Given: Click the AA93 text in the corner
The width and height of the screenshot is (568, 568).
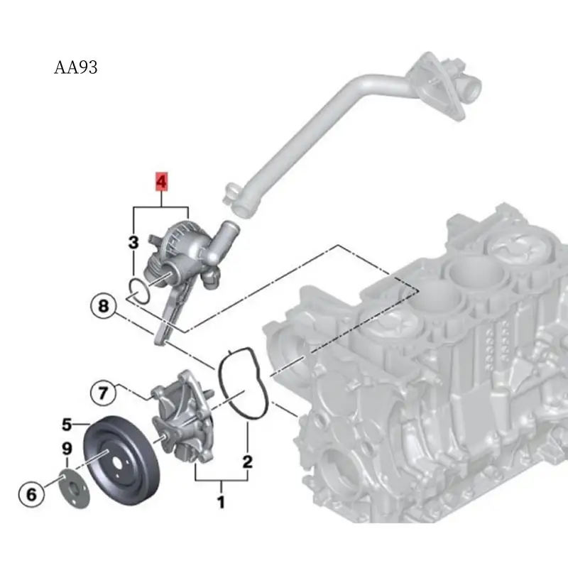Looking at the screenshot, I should pyautogui.click(x=75, y=68).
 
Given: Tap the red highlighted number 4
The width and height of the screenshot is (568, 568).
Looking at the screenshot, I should pyautogui.click(x=162, y=182).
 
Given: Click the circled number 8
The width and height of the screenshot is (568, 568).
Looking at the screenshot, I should pyautogui.click(x=103, y=307).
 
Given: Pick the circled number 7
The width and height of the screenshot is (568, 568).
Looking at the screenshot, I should pyautogui.click(x=102, y=391).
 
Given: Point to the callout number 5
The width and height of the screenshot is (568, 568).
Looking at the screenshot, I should pyautogui.click(x=66, y=425).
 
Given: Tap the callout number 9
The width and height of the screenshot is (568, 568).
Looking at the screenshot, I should pyautogui.click(x=67, y=449).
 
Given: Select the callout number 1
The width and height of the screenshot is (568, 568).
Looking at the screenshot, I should pyautogui.click(x=221, y=503).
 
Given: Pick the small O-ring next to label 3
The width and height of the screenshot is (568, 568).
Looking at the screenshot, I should pyautogui.click(x=139, y=290).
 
